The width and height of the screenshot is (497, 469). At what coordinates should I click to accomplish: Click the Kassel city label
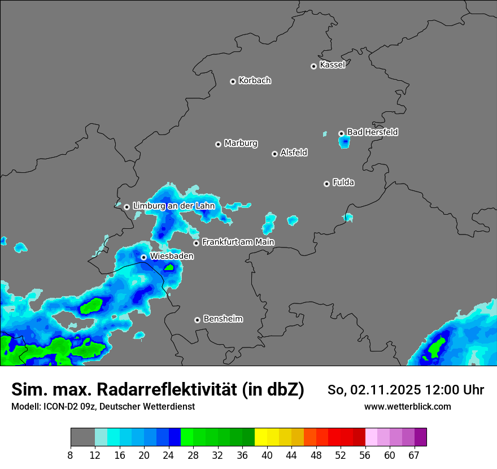click(332, 65)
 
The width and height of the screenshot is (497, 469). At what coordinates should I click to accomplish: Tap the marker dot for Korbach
click(233, 81)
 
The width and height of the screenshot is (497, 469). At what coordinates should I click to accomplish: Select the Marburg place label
click(241, 144)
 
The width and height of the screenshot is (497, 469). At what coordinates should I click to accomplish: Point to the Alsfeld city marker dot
click(274, 154)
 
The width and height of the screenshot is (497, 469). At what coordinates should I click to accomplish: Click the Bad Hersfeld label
click(372, 132)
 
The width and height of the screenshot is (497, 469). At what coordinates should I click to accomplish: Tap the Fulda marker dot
click(326, 184)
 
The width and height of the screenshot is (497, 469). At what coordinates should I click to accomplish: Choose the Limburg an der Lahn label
click(173, 206)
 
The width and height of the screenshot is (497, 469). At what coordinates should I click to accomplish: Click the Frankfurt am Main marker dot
click(197, 243)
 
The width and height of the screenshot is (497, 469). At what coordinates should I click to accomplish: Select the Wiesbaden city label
click(172, 257)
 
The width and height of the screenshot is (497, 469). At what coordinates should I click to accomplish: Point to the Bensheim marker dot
click(197, 320)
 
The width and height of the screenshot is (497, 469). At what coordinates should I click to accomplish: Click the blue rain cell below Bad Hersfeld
click(344, 142)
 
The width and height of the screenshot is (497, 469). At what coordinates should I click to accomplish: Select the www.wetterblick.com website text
click(407, 406)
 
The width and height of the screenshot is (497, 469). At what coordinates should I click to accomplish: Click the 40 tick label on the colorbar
click(267, 455)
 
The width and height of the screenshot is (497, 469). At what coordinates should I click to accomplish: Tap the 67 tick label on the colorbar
click(414, 455)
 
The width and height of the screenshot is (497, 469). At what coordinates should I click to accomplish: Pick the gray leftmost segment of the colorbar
click(82, 437)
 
